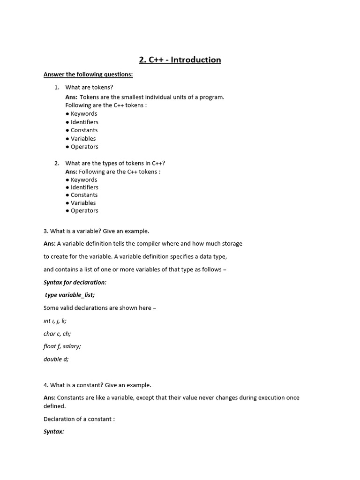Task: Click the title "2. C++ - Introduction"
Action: pos(180,60)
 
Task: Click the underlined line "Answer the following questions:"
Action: pos(88,75)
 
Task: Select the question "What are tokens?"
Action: pos(89,87)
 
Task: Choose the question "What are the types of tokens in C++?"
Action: pos(115,163)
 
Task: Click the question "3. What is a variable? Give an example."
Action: pos(96,231)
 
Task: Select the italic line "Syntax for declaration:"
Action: pos(75,282)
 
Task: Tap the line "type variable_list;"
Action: pos(70,295)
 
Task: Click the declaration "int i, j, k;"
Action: pos(55,321)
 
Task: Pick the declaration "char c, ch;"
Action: pos(57,334)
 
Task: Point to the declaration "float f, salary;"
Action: pos(62,346)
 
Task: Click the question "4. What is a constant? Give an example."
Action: pos(97,385)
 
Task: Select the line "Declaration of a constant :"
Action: pos(79,419)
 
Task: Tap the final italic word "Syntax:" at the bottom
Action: pos(54,431)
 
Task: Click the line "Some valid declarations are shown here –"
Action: pos(100,308)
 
